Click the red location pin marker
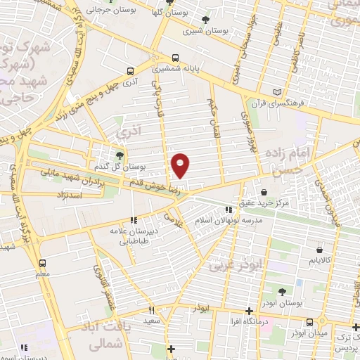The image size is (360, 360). [x=181, y=165]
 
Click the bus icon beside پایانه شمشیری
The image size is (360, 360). [x=174, y=58]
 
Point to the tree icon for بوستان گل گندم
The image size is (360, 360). [x=120, y=155]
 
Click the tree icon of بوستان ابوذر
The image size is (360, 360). [x=282, y=291]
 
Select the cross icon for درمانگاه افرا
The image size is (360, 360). [x=249, y=310]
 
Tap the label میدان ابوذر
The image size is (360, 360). [x=310, y=332]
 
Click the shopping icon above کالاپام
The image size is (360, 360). [x=320, y=249]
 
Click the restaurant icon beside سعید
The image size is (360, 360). [x=150, y=309]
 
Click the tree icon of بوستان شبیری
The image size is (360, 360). [x=205, y=20]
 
